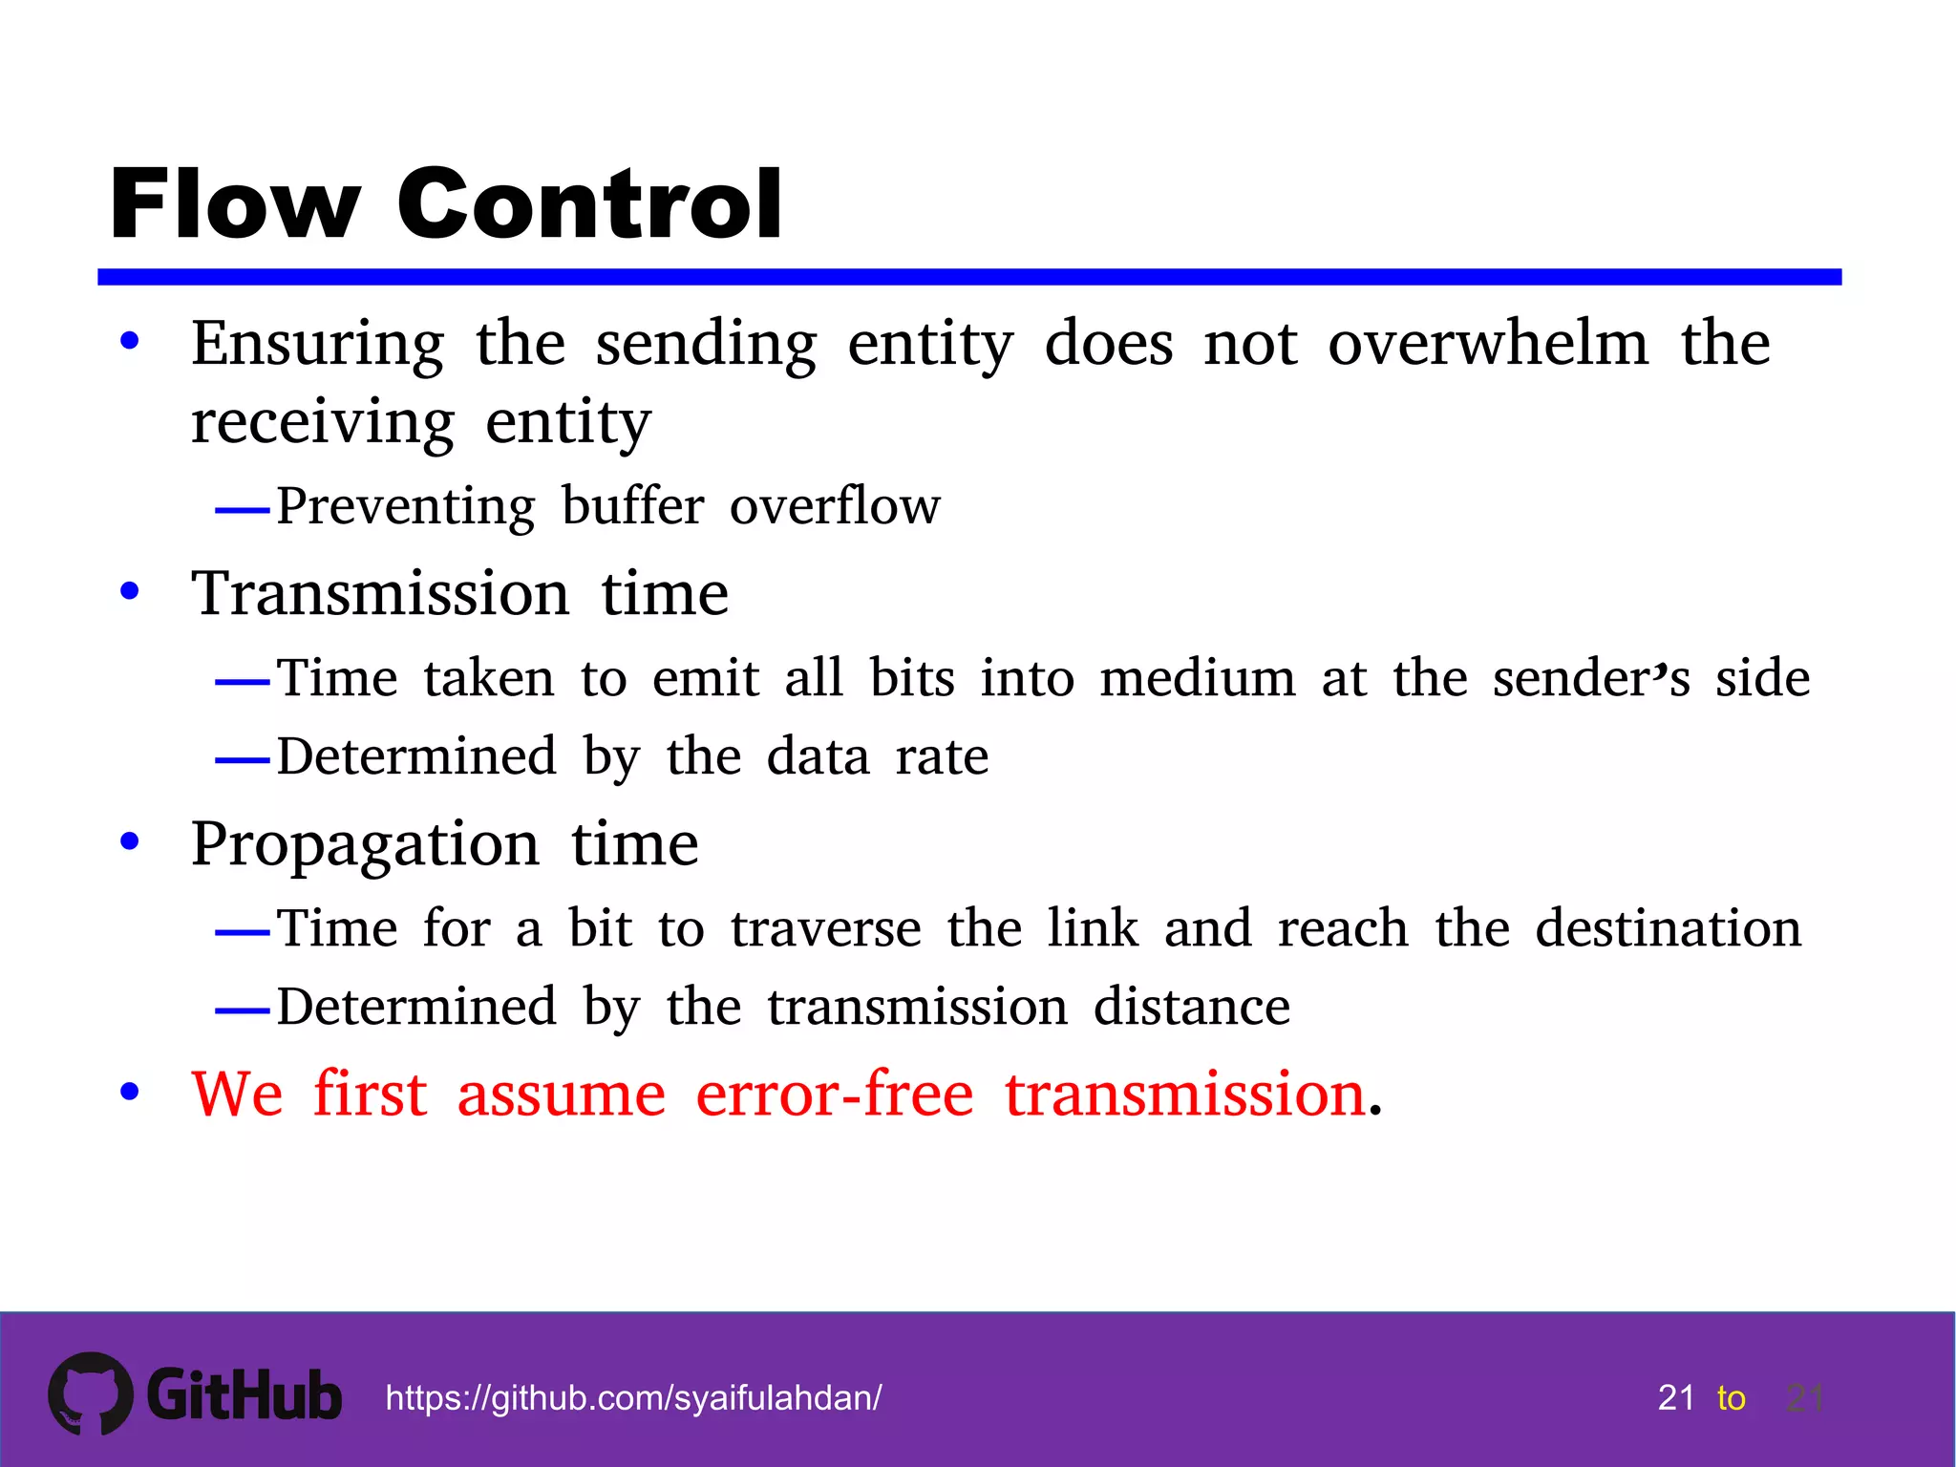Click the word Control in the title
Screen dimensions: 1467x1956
point(589,204)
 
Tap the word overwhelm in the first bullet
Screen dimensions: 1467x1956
point(1488,344)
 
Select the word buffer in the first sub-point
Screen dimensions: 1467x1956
point(632,506)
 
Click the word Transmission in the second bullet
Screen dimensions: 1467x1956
point(380,594)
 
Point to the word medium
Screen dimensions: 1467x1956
point(1198,679)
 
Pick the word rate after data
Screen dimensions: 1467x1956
point(942,757)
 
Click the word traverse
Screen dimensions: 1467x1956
point(826,929)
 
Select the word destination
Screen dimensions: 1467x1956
point(1669,929)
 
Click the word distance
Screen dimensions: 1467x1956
point(1192,1008)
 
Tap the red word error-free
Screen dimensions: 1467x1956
point(834,1095)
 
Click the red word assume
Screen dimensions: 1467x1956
point(561,1095)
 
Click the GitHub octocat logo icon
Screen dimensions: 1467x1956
point(91,1393)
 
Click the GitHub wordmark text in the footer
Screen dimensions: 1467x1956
point(244,1395)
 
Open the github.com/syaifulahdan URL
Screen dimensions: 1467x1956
point(633,1398)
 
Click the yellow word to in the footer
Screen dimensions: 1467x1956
point(1731,1398)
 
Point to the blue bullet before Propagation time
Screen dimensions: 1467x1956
point(130,842)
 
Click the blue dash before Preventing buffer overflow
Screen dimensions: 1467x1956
point(243,511)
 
